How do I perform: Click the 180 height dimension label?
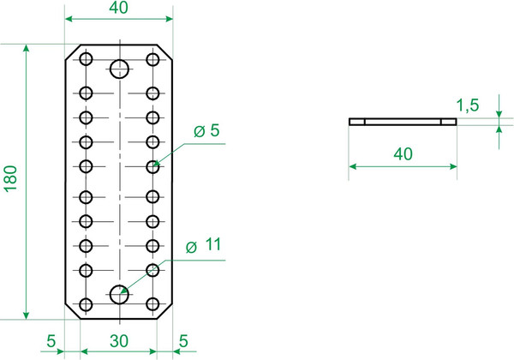point(10,178)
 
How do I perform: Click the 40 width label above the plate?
point(119,8)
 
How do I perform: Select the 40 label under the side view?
point(403,154)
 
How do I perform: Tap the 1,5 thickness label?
point(468,105)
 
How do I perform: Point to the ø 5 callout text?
point(206,131)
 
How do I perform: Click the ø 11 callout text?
point(204,245)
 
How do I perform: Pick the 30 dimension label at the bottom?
point(119,341)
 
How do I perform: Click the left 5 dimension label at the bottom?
point(51,341)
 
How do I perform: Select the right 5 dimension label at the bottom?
point(183,341)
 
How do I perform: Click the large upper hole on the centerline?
point(119,69)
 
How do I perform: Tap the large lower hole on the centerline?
point(119,294)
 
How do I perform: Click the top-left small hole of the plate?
point(86,59)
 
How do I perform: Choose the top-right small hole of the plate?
point(152,59)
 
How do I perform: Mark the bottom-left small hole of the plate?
point(86,304)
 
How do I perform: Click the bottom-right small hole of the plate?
point(152,304)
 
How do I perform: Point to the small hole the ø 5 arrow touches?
point(152,167)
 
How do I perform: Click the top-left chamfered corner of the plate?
point(73,52)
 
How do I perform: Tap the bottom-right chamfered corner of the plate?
point(164,310)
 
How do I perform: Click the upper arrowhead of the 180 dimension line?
point(27,49)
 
